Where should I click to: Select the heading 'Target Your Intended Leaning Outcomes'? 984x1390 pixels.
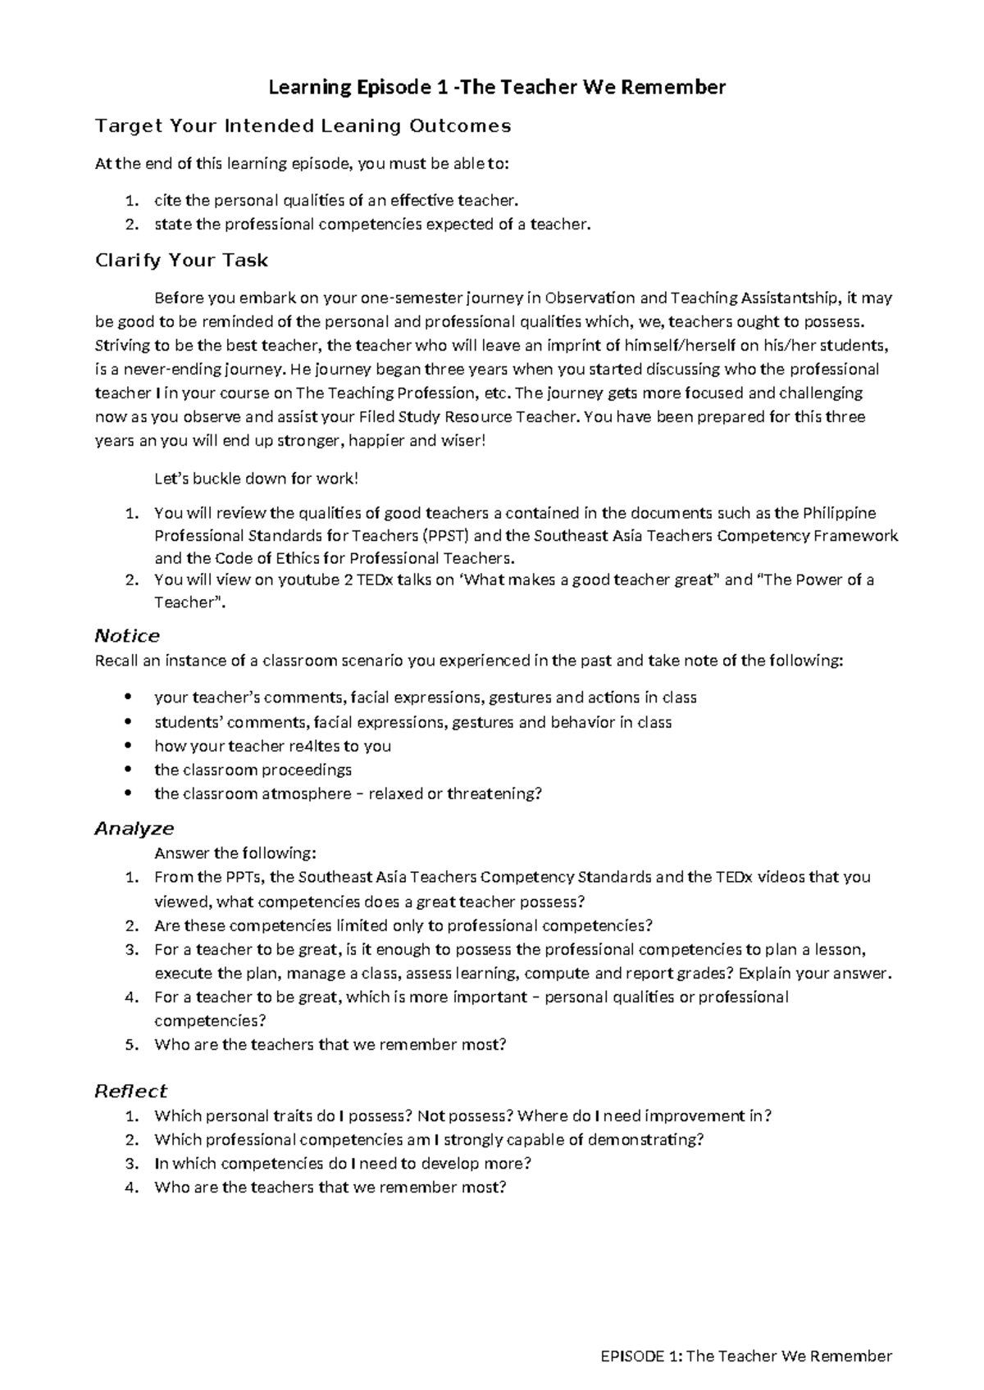coord(303,125)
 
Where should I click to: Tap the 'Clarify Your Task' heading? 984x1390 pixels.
coord(181,260)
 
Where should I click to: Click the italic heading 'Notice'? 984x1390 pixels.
coord(127,636)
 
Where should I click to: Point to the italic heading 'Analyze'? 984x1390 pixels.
coord(134,829)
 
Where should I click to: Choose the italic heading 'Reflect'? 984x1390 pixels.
coord(131,1091)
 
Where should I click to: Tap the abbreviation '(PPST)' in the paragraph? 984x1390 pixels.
coord(447,536)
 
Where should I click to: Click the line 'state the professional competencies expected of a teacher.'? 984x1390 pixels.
coord(372,224)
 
